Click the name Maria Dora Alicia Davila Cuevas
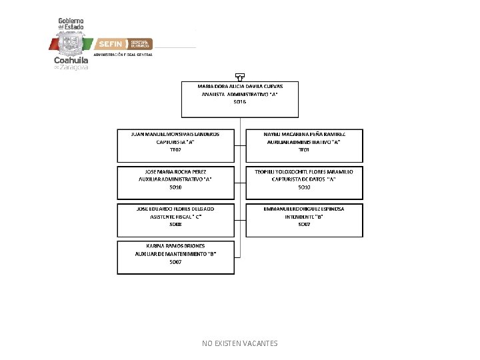(x=240, y=86)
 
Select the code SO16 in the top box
(x=240, y=102)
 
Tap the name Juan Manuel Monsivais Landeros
(x=175, y=133)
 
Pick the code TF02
(x=175, y=150)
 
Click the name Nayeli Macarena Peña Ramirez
(x=304, y=133)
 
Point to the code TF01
(x=304, y=150)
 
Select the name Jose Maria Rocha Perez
(x=175, y=171)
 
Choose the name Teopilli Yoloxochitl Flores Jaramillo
(x=304, y=171)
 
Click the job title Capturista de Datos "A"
(x=304, y=179)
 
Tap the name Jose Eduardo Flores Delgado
(x=175, y=209)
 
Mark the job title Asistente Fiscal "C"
(x=175, y=217)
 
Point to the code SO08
(x=175, y=225)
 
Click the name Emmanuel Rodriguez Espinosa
(x=304, y=209)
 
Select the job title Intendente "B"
(x=304, y=217)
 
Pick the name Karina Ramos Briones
(x=175, y=246)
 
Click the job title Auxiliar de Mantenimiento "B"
(x=175, y=254)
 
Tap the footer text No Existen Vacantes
(x=240, y=343)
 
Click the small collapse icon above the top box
(x=240, y=76)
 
